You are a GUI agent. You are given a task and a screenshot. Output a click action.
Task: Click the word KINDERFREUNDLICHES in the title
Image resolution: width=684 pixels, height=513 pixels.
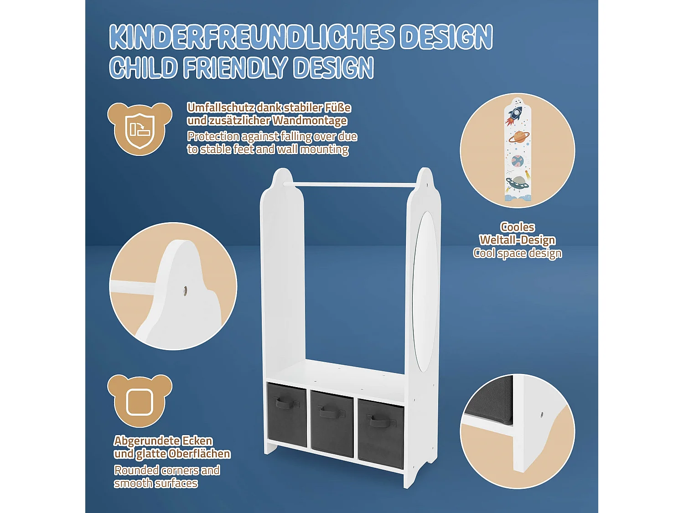coord(251,37)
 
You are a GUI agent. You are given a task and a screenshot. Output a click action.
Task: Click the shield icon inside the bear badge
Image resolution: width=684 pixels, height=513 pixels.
coord(140,129)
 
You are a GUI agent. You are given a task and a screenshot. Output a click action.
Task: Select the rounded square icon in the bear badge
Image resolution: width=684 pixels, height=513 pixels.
coord(140,402)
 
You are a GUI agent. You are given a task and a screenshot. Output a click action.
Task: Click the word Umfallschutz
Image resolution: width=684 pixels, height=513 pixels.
coord(221,108)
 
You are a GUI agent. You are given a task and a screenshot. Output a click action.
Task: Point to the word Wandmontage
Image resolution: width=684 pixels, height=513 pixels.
coord(310,120)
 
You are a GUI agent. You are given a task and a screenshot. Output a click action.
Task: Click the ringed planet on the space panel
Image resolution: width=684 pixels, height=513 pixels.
coord(519,137)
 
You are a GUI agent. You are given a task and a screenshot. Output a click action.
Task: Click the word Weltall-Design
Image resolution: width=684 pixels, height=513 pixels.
coord(517,240)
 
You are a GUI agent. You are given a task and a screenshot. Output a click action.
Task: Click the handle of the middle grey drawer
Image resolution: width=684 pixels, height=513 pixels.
coord(332,412)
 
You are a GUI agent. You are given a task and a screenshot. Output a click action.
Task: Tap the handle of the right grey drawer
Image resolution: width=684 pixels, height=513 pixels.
coord(379,420)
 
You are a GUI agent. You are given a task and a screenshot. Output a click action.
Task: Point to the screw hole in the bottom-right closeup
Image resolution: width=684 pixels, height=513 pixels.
coord(541,415)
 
